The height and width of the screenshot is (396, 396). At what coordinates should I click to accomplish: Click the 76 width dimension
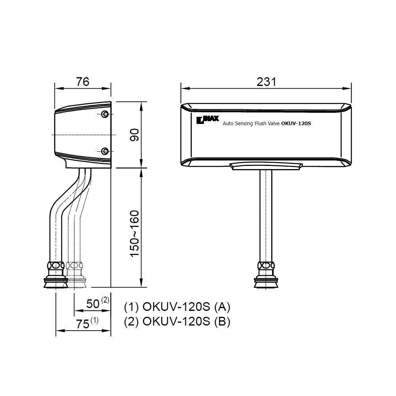point(83,82)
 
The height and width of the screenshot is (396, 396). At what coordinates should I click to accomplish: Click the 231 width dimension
point(266,82)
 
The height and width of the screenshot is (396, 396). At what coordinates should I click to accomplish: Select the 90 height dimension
point(135,135)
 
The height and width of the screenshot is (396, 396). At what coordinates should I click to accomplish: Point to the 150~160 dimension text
point(135,234)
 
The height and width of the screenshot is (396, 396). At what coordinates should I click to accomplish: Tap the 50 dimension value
point(93,304)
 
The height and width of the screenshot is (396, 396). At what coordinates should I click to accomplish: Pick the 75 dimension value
point(82,324)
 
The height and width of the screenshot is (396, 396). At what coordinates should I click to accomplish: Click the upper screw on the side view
point(105,114)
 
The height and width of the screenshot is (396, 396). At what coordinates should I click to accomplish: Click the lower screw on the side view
point(105,151)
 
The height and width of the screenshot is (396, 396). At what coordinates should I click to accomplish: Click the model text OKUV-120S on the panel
point(296,124)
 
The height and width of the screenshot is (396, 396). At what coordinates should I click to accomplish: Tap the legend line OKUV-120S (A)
point(177,307)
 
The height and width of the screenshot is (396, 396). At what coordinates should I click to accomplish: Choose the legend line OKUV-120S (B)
point(177,321)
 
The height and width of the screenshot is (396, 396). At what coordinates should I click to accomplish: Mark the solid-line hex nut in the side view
point(56,265)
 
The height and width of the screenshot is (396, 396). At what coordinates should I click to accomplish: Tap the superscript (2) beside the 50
point(105,300)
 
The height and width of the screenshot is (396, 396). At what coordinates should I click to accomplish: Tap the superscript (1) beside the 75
point(95,320)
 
